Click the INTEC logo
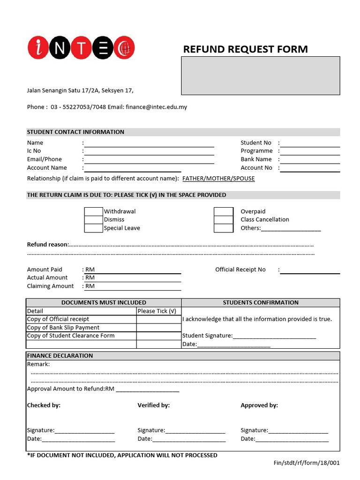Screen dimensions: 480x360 (x=81, y=48)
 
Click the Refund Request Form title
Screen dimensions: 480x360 (x=245, y=49)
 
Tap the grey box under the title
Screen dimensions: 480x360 (x=261, y=75)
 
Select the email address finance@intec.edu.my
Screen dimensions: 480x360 (x=157, y=107)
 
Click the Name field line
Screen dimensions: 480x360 (x=149, y=143)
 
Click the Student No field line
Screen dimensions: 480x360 (x=310, y=143)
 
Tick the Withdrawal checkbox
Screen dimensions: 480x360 (x=93, y=211)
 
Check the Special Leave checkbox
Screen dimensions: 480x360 (x=93, y=228)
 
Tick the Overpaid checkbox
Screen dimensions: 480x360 (x=224, y=211)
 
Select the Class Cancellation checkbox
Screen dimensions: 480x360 (x=224, y=219)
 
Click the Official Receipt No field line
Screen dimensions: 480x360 (x=310, y=270)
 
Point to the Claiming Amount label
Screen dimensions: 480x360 (x=50, y=286)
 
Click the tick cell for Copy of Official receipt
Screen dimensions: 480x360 (x=159, y=319)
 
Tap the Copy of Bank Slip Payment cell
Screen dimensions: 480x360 (x=81, y=328)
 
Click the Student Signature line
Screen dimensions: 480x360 (x=274, y=336)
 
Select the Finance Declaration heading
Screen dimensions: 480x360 (x=60, y=356)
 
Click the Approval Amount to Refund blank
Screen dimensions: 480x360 (x=147, y=389)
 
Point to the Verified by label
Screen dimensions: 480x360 (x=153, y=405)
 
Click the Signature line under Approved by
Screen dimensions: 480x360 (x=298, y=430)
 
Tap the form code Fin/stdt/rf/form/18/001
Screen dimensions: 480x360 (x=307, y=463)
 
